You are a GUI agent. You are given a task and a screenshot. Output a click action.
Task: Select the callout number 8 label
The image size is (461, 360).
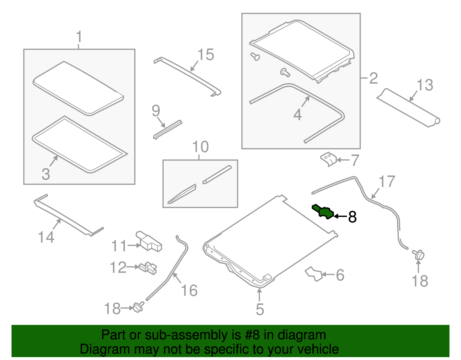(352, 217)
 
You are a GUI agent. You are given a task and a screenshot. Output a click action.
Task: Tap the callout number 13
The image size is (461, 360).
(425, 85)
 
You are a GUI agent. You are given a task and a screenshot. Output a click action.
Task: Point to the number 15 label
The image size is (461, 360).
(205, 54)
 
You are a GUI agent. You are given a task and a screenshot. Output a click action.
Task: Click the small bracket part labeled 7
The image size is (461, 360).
(328, 159)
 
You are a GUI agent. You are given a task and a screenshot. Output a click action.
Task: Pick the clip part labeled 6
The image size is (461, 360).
(313, 274)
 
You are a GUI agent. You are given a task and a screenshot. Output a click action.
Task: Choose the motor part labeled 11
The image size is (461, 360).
(149, 242)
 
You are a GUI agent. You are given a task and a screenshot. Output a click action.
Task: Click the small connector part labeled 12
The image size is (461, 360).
(148, 268)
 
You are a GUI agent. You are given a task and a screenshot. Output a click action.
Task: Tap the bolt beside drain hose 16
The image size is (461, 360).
(138, 307)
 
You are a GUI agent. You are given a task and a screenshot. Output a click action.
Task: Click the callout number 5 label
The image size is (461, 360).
(260, 309)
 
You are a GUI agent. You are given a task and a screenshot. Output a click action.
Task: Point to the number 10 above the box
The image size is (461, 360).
(201, 147)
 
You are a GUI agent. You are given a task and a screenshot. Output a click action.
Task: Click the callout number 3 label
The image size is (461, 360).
(46, 174)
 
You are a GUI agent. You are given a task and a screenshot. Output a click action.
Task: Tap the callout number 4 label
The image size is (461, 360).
(298, 115)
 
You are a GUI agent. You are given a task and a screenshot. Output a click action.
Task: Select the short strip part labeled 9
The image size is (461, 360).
(168, 130)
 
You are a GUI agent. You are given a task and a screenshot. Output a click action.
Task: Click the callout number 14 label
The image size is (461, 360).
(46, 237)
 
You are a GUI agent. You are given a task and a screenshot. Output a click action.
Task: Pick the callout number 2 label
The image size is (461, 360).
(374, 78)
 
